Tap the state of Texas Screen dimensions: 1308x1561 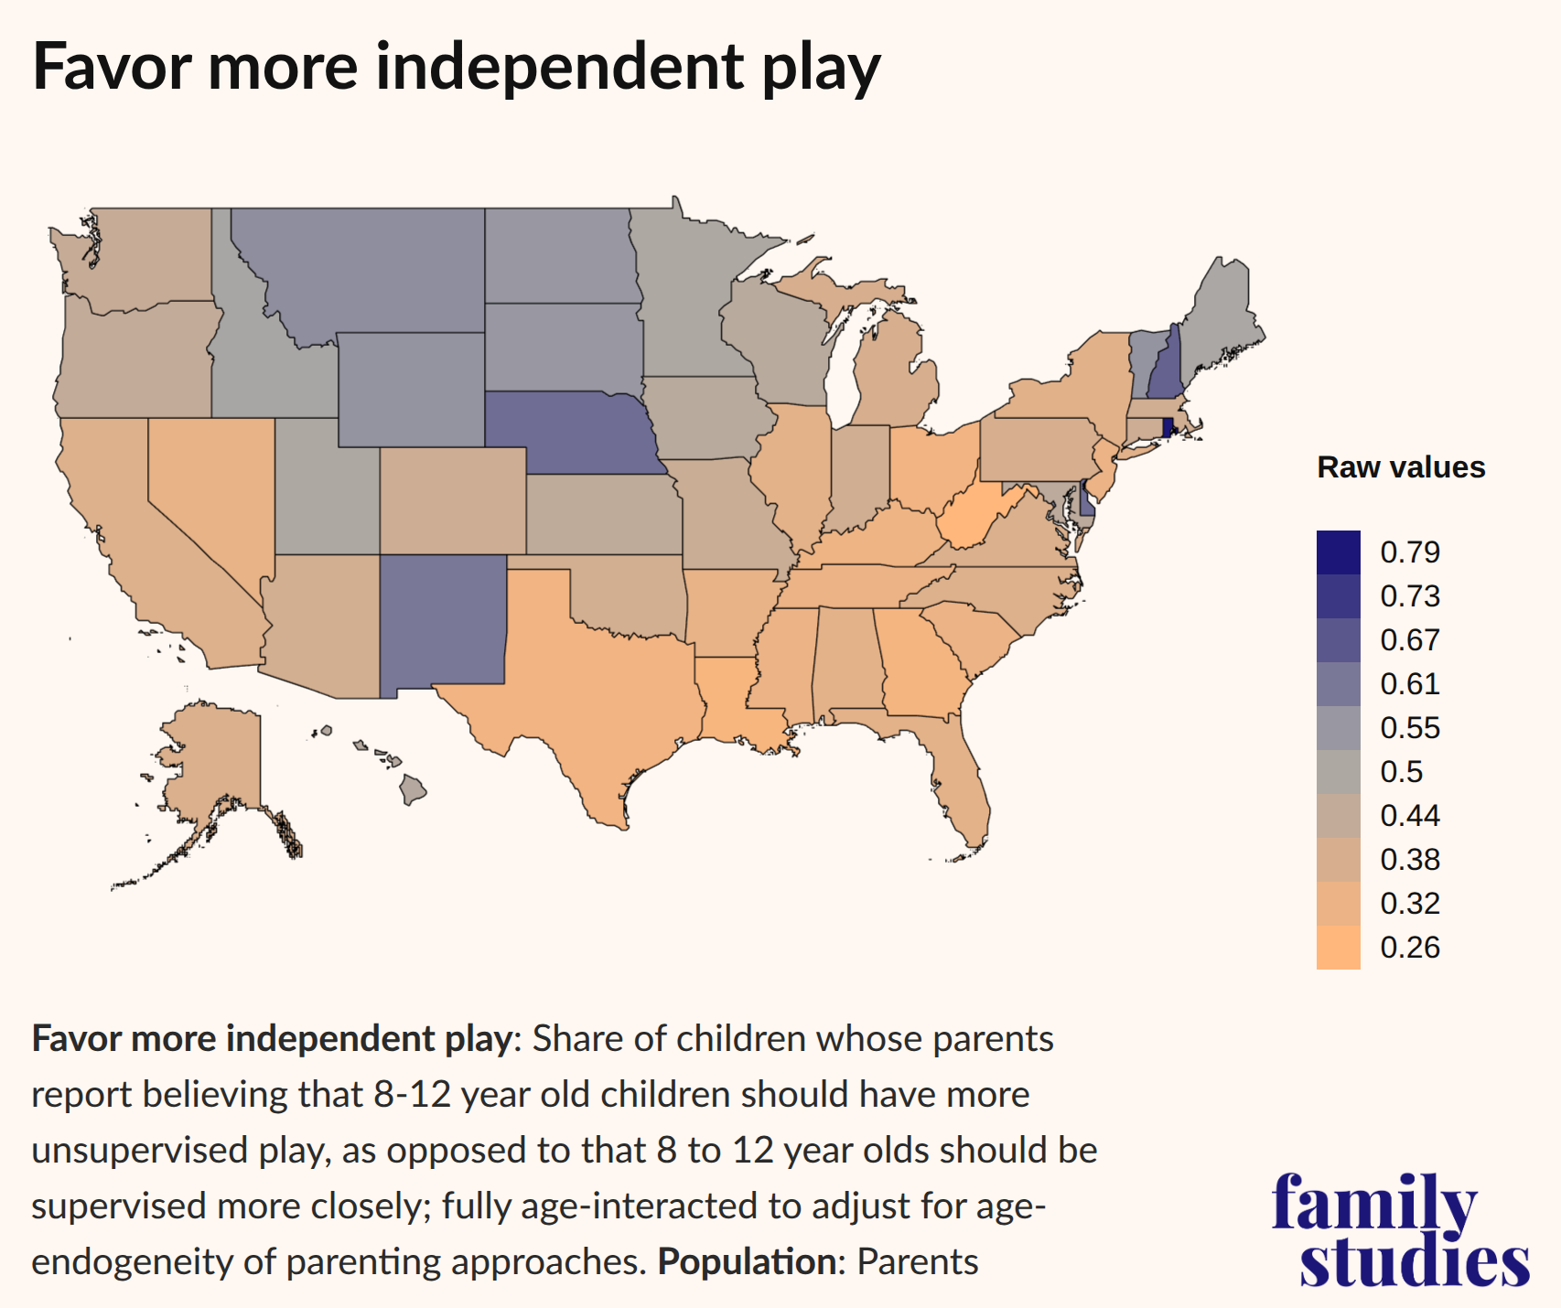tap(586, 695)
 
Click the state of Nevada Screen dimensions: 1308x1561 tap(210, 494)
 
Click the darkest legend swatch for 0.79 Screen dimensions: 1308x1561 tap(1338, 552)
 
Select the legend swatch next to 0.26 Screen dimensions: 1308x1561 tap(1338, 948)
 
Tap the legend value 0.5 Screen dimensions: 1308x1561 tap(1401, 772)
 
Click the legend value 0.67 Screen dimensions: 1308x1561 tap(1409, 640)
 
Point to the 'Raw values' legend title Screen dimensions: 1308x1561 tap(1400, 467)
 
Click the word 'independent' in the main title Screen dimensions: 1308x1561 tap(559, 68)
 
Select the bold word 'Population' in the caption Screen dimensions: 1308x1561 tap(746, 1262)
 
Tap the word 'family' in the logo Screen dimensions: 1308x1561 tap(1373, 1203)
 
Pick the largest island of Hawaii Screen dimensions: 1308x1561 tap(414, 789)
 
